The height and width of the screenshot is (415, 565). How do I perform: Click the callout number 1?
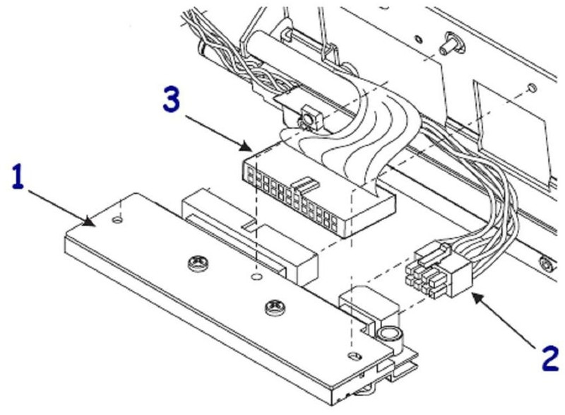point(18,178)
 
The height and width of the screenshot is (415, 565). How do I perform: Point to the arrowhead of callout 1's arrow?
point(95,226)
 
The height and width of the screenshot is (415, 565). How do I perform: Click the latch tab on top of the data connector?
point(305,185)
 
